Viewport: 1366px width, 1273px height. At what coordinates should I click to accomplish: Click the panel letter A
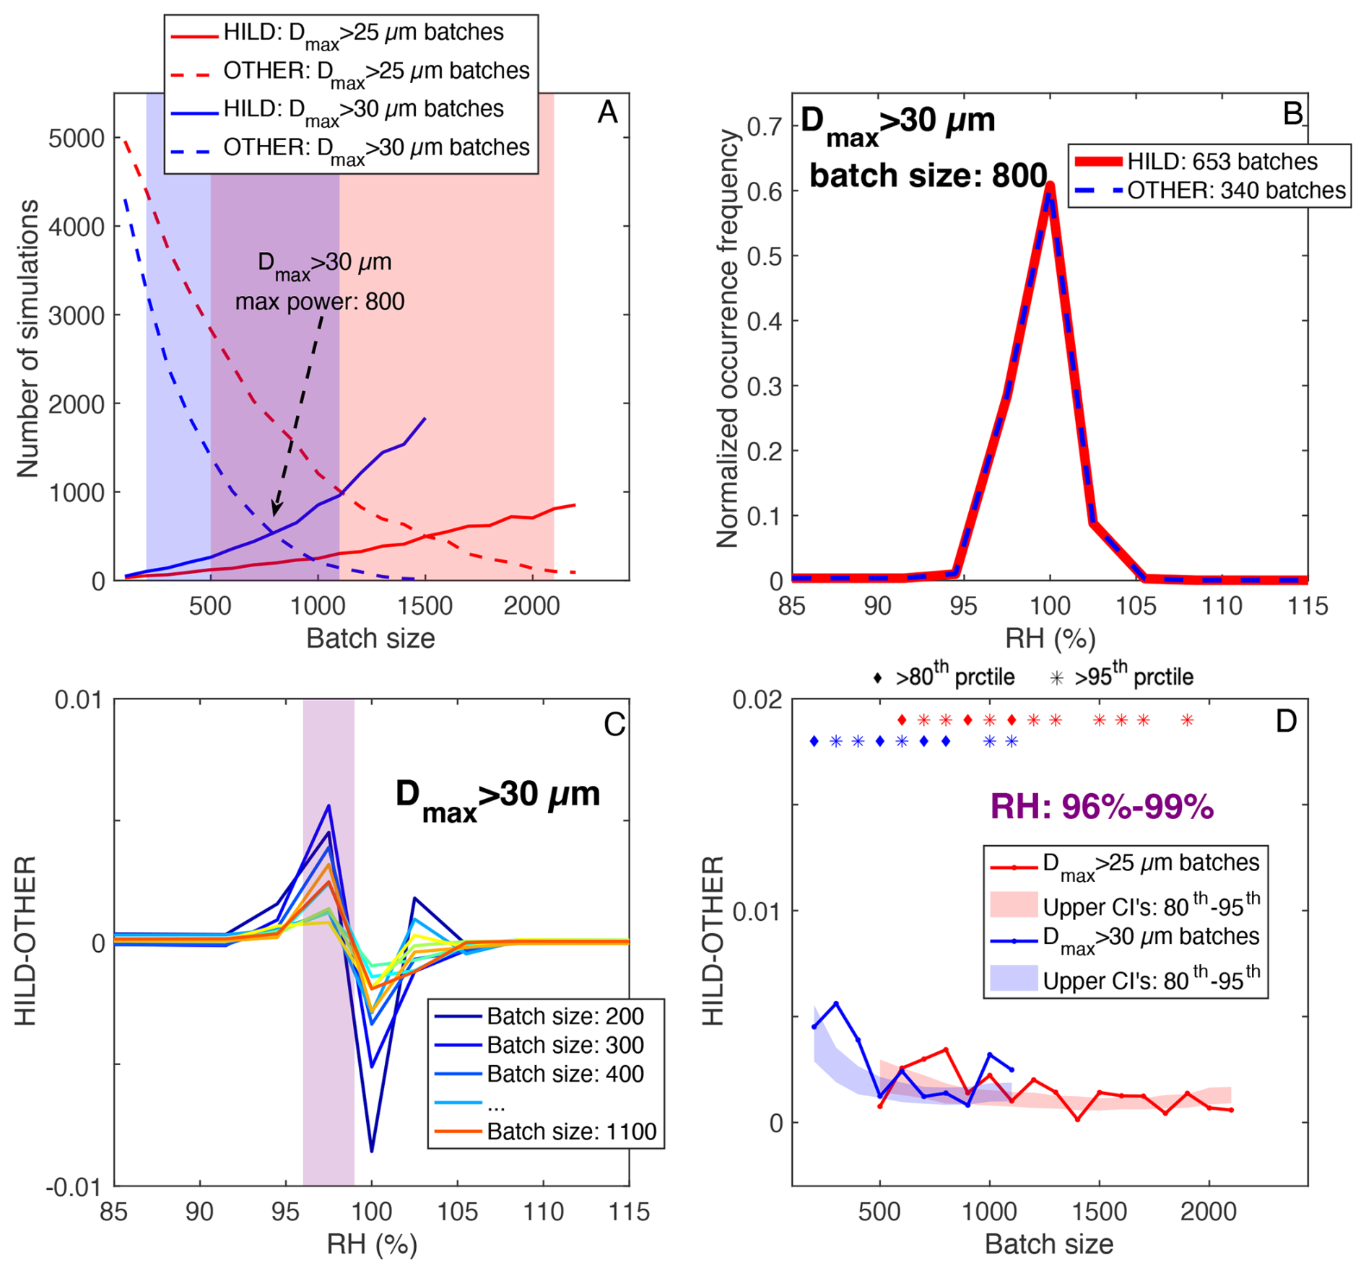click(607, 113)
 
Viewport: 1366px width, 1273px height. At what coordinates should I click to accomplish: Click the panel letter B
click(1292, 113)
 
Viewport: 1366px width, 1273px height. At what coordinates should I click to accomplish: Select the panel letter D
click(1286, 721)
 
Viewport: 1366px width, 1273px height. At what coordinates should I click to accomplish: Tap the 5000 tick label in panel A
click(77, 138)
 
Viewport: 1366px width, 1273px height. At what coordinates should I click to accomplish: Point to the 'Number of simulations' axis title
click(27, 339)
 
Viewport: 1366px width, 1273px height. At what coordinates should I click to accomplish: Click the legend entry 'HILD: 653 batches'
click(1222, 162)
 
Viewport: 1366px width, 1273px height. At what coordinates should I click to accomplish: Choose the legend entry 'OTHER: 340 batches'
click(1236, 191)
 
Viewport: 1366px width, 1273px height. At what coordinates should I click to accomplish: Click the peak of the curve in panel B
click(1050, 186)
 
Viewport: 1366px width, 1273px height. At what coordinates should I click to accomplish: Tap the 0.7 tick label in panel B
click(765, 127)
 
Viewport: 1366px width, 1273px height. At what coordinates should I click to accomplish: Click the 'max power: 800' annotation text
click(320, 301)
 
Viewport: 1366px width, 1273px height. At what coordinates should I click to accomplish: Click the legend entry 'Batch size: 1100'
click(571, 1132)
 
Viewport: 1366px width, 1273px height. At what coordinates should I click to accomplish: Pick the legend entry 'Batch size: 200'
click(565, 1016)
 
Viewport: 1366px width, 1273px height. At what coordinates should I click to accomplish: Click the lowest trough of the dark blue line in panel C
click(372, 1151)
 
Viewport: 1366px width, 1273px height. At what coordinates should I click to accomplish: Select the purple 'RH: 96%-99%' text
click(1102, 807)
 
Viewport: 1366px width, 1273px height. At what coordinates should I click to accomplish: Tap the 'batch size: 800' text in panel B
click(928, 175)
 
